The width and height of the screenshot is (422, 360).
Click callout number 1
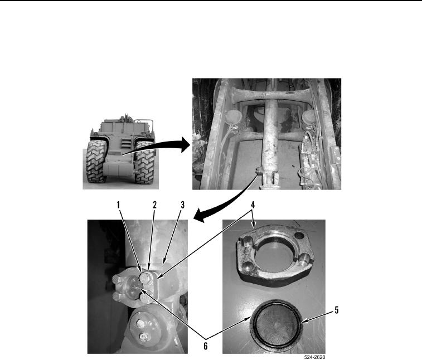pos(118,205)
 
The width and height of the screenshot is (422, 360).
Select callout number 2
pos(154,205)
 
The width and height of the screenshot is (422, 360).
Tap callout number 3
pos(182,205)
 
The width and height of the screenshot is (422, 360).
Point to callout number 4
pos(253,205)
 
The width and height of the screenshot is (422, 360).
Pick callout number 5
pos(336,310)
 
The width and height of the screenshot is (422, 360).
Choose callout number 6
pos(206,346)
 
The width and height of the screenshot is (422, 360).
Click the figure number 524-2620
pos(314,357)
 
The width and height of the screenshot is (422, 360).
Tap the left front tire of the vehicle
pos(95,162)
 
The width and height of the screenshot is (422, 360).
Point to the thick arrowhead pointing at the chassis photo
pos(186,144)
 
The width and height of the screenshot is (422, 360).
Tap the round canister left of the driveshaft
pos(231,118)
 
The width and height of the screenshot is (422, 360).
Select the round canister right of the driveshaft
pos(308,118)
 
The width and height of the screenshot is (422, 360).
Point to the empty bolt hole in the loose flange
pos(299,235)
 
